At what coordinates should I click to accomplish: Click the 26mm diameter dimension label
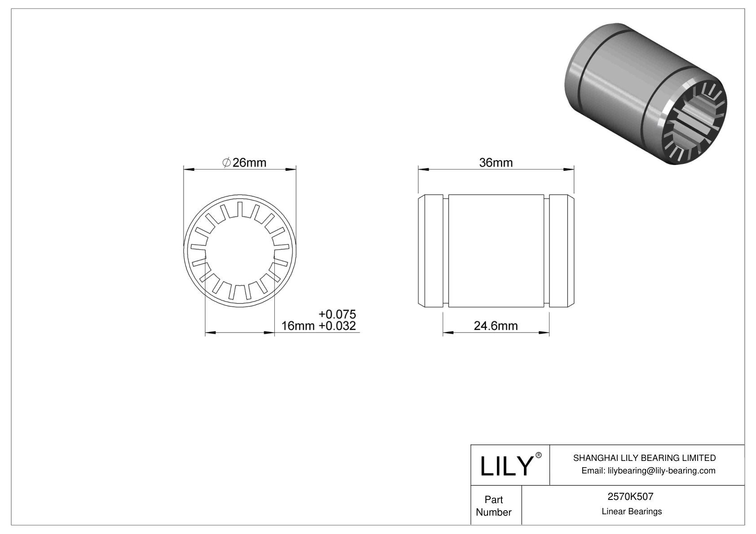[x=249, y=162]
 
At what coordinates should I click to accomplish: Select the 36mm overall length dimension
[x=496, y=162]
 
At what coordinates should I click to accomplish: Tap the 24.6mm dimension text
[x=496, y=326]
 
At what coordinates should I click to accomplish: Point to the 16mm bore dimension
[x=298, y=326]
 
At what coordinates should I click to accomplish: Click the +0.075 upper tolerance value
[x=337, y=314]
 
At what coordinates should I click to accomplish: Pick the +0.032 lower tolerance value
[x=337, y=326]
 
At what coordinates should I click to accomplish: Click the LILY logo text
[x=506, y=466]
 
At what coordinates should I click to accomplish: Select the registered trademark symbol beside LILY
[x=539, y=456]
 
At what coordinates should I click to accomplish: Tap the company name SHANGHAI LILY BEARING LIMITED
[x=644, y=458]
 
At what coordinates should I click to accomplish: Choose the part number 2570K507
[x=630, y=496]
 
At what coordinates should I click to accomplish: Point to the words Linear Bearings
[x=631, y=511]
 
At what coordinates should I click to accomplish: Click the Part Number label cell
[x=494, y=506]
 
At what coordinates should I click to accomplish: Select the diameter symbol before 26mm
[x=227, y=162]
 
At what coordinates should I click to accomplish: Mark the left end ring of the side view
[x=431, y=251]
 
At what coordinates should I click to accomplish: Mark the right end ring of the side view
[x=561, y=251]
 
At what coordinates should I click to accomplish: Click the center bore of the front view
[x=240, y=251]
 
